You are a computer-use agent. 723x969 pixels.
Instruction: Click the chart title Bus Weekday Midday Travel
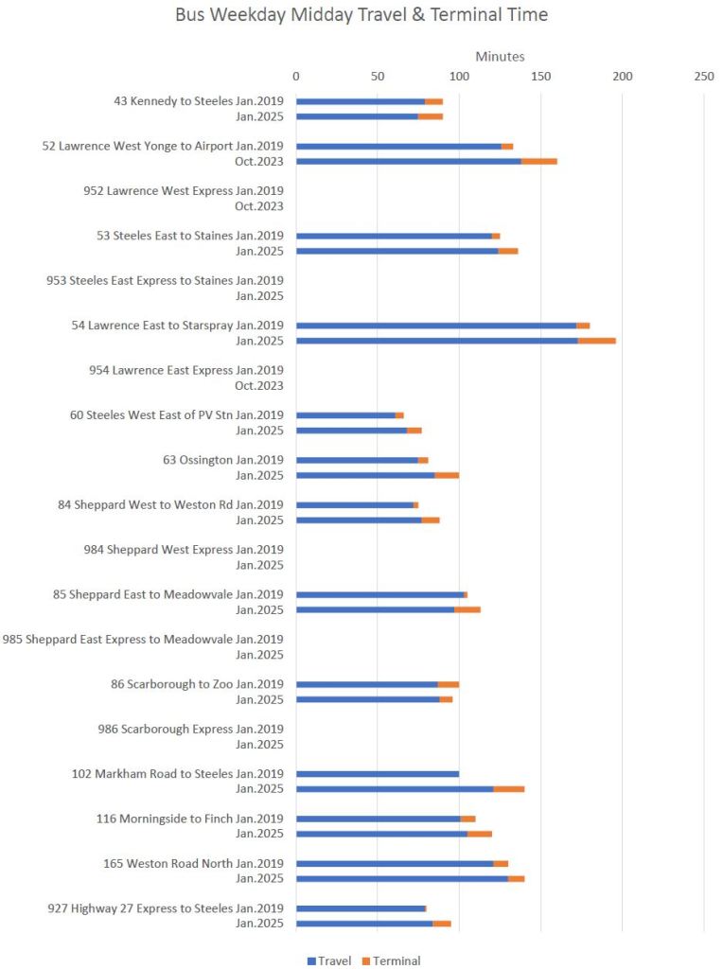click(x=361, y=16)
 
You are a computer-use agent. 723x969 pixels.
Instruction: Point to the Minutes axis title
click(x=500, y=57)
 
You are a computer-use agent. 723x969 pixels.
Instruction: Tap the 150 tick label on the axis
click(x=540, y=76)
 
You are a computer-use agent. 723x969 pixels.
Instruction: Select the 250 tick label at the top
click(x=703, y=76)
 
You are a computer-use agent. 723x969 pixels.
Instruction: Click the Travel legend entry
click(x=329, y=960)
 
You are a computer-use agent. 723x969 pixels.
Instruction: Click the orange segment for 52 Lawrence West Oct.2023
click(x=538, y=162)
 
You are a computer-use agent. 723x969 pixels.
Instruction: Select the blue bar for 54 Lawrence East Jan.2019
click(x=435, y=326)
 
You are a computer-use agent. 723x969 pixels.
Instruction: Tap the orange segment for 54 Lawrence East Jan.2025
click(x=596, y=341)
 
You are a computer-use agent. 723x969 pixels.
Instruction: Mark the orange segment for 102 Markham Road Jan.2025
click(x=508, y=789)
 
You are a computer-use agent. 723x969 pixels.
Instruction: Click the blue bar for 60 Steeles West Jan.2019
click(x=345, y=415)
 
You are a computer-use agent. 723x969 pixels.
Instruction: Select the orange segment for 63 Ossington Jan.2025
click(x=447, y=475)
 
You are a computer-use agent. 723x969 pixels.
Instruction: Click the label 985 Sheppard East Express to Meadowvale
click(x=143, y=640)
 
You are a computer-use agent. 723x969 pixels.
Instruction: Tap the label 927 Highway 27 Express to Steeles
click(x=166, y=908)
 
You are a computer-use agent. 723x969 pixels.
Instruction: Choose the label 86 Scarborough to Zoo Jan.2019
click(x=197, y=684)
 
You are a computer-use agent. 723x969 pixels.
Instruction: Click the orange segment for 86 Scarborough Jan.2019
click(x=449, y=684)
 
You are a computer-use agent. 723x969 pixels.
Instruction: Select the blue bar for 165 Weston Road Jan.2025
click(x=401, y=879)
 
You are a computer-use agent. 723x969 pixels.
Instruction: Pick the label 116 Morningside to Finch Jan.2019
click(x=189, y=819)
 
